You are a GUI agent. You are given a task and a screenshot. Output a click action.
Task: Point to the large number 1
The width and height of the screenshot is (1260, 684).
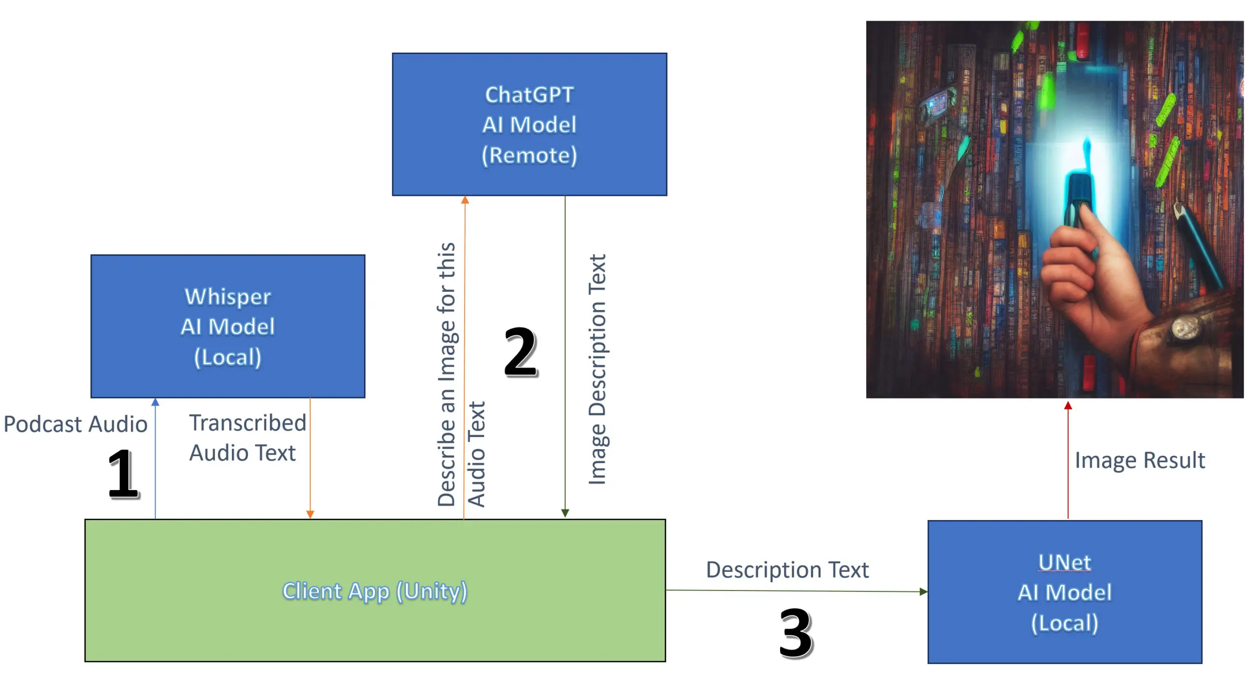click(x=123, y=473)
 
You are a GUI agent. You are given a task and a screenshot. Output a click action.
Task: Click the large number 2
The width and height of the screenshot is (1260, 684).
click(x=521, y=352)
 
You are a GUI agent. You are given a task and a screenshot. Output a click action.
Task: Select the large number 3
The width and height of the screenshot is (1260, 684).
click(x=795, y=633)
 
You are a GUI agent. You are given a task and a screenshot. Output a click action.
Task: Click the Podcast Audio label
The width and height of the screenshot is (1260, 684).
click(x=75, y=424)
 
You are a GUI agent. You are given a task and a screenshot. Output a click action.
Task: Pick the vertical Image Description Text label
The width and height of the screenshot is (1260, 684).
click(x=597, y=369)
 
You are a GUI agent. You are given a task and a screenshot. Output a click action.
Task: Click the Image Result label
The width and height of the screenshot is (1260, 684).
click(x=1139, y=461)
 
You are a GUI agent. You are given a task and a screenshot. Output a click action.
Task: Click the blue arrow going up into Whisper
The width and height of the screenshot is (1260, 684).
click(x=156, y=458)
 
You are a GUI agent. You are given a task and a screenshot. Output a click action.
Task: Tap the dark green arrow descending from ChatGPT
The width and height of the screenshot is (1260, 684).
click(x=565, y=354)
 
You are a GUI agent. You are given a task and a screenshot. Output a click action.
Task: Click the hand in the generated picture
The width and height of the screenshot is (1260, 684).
click(x=1083, y=276)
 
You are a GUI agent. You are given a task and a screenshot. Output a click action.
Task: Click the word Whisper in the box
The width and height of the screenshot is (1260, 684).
click(x=227, y=297)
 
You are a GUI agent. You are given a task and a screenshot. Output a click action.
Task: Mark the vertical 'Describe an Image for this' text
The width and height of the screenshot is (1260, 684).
click(x=446, y=374)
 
